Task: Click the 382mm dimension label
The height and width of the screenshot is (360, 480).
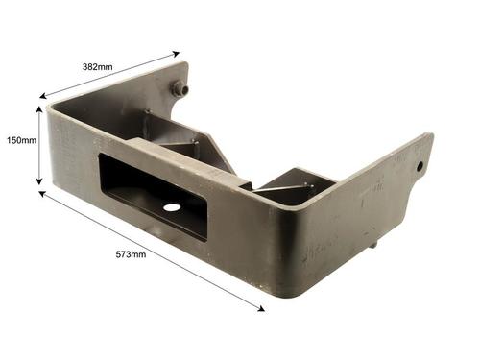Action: pos(98,67)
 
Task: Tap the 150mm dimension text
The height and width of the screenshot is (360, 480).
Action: pos(22,140)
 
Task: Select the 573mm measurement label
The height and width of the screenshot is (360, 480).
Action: pos(131,254)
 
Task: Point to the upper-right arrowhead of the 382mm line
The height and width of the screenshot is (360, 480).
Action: pos(177,54)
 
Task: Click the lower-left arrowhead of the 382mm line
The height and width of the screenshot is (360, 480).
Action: pos(43,96)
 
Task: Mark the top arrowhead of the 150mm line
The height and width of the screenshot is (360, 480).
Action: pos(39,109)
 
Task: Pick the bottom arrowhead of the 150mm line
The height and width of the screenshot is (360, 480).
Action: pos(39,181)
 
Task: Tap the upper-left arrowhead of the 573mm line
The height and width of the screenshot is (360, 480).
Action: pos(42,194)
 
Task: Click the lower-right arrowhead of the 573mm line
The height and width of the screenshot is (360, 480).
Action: pos(261,308)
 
